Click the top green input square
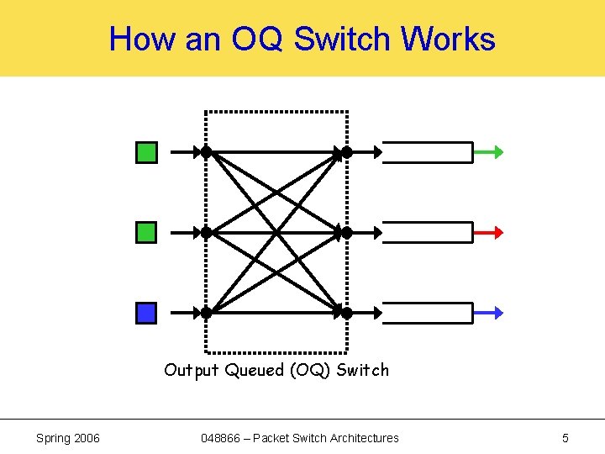coord(146,152)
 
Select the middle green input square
coord(146,232)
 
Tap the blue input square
coord(146,313)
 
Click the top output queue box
coord(428,152)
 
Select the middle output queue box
coord(428,232)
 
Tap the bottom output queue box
coord(428,313)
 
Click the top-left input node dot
coord(206,152)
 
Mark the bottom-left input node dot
coord(206,313)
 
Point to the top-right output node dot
coord(346,152)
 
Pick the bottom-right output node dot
coord(346,313)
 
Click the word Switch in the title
coord(344,40)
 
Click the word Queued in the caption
coord(255,370)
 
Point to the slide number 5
coord(566,438)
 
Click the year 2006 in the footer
coord(85,438)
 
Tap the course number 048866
coord(222,438)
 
